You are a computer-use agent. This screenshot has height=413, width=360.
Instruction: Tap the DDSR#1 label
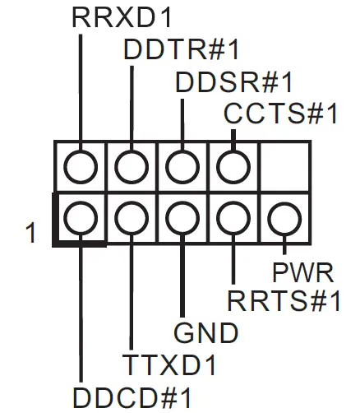234,82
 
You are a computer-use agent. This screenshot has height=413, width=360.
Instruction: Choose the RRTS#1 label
284,301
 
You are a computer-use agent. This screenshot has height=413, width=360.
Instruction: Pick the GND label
205,333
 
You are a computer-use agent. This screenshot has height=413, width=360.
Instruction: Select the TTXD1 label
170,364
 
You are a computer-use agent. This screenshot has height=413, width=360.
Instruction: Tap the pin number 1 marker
31,233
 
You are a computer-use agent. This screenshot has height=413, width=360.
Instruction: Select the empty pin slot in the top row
284,167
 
